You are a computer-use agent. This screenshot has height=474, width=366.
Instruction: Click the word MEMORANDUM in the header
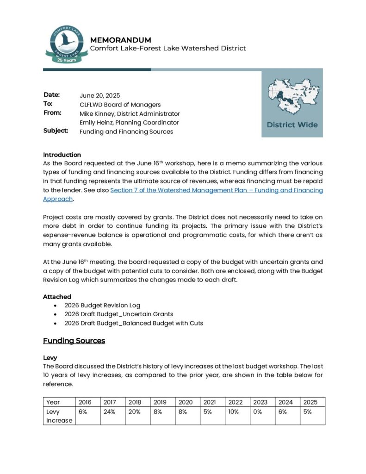pos(120,40)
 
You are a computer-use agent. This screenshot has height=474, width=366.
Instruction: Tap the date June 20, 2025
pos(99,96)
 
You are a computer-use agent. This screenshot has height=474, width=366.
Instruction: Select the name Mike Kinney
pos(98,113)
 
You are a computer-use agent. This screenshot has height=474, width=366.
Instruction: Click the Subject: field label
pos(56,131)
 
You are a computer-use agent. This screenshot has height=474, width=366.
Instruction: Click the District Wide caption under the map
pos(292,125)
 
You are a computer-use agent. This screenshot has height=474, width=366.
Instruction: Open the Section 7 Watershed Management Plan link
pos(216,190)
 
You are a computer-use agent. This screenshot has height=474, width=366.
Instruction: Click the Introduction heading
pos(62,155)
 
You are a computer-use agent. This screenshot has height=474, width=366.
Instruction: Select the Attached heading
pos(57,296)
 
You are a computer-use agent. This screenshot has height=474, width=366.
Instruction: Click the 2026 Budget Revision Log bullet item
pos(110,306)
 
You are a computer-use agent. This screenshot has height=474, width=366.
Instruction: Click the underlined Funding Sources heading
pos(74,341)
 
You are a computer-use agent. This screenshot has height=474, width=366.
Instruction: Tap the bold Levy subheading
pos(50,358)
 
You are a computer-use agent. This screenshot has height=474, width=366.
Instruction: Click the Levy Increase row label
pos(59,416)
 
